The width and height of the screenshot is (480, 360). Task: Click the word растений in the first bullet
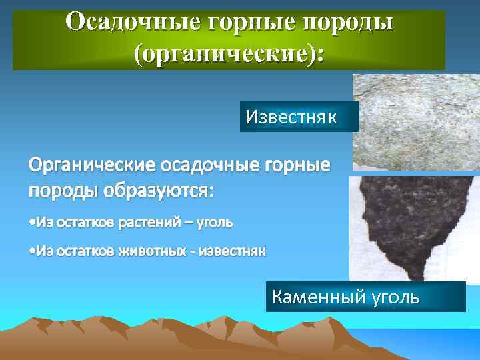pyautogui.click(x=147, y=221)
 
